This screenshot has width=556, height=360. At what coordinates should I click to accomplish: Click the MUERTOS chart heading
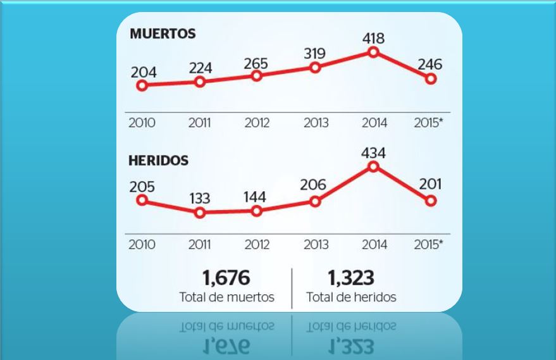coord(163,34)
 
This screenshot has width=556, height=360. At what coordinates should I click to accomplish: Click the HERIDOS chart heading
coord(158,160)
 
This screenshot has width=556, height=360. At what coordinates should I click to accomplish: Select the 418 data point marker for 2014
coord(373,53)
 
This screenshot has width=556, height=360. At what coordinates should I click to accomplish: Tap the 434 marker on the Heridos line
coord(373,166)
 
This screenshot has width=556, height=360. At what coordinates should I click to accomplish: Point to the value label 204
coord(144,71)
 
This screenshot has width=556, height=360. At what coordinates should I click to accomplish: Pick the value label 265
coord(255,63)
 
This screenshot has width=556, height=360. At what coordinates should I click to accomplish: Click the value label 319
coord(314,54)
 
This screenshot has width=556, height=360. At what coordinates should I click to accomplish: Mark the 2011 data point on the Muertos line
coord(200,82)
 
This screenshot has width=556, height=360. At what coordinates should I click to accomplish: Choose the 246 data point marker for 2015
coord(431,79)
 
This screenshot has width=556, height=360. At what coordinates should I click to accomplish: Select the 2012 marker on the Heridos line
coord(256,211)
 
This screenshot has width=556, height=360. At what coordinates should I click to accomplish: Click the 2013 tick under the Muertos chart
coord(315,123)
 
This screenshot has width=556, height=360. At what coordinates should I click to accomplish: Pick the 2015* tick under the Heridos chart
coord(429,244)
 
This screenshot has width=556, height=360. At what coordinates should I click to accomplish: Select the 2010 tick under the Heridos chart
coord(142,244)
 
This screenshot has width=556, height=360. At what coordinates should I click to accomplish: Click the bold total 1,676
coord(226,277)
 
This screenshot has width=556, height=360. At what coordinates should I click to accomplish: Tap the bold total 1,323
coord(351,277)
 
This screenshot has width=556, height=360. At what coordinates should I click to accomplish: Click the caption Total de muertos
coord(226,297)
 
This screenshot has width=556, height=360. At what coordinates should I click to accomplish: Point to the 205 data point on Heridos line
coord(142,200)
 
